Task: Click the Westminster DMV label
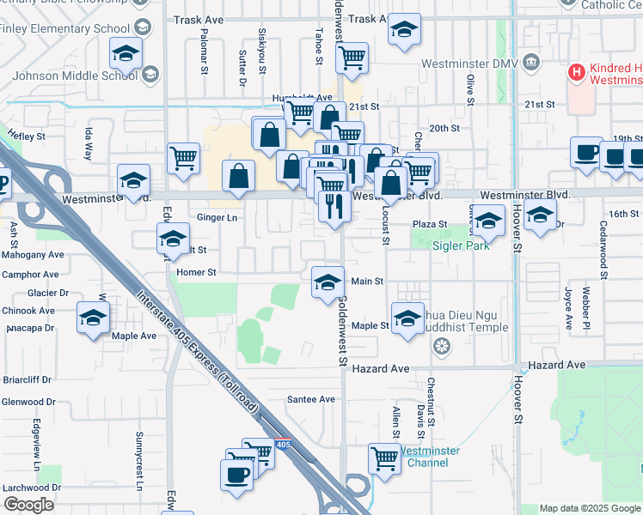(x=471, y=64)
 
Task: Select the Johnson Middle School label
(x=72, y=75)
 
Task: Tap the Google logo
(x=29, y=505)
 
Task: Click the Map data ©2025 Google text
(x=589, y=508)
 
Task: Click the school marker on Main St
(x=327, y=282)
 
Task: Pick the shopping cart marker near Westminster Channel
(x=383, y=457)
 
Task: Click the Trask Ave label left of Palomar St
(x=199, y=19)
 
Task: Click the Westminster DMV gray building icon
(x=530, y=64)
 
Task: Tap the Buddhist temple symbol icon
(x=442, y=346)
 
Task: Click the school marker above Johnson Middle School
(x=126, y=54)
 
